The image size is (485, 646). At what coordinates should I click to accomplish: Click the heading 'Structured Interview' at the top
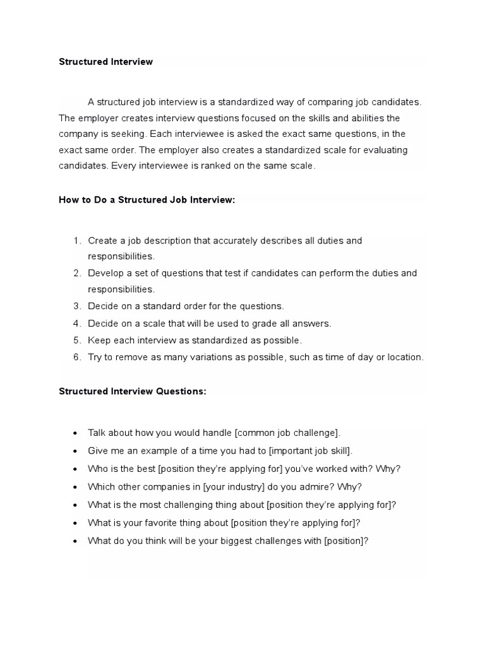click(x=106, y=62)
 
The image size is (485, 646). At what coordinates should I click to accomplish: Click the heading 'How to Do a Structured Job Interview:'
click(x=147, y=199)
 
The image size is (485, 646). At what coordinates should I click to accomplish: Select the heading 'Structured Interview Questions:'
click(x=133, y=391)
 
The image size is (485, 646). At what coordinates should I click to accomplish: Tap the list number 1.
click(x=76, y=240)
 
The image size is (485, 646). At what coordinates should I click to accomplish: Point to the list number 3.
click(x=76, y=306)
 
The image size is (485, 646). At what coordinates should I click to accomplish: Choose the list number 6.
click(x=76, y=357)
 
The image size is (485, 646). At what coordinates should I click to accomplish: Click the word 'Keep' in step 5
click(x=99, y=340)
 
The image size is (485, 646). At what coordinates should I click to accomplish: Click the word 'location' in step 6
click(x=404, y=357)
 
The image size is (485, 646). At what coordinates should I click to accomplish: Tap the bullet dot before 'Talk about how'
click(x=75, y=433)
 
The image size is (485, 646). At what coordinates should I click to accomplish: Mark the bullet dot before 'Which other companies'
click(x=75, y=488)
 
